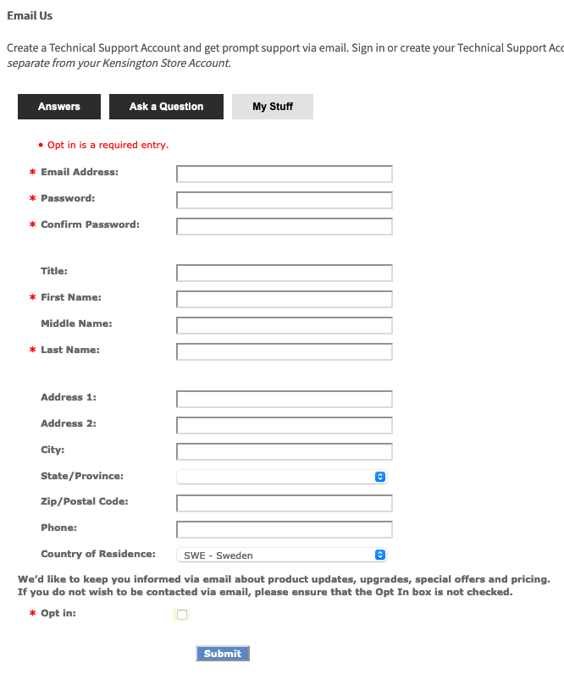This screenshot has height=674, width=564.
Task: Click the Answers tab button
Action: click(59, 107)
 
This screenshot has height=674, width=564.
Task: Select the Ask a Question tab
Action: click(166, 107)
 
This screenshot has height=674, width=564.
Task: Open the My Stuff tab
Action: click(273, 107)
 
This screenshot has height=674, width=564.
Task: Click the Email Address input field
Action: click(285, 174)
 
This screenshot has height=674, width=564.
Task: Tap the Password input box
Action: click(285, 200)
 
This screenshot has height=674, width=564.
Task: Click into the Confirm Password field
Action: click(285, 226)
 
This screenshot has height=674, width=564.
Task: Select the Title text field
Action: click(285, 273)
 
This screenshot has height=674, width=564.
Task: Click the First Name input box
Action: click(285, 299)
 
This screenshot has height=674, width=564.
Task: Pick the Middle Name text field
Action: click(285, 325)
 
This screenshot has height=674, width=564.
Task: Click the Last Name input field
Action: click(285, 351)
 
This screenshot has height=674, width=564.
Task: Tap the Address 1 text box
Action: click(285, 399)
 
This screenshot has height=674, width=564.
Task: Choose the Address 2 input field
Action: click(285, 425)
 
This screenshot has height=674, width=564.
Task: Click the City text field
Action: click(285, 451)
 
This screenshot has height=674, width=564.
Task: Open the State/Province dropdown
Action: click(282, 477)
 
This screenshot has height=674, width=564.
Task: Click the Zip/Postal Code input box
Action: click(285, 503)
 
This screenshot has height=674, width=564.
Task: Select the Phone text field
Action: click(285, 529)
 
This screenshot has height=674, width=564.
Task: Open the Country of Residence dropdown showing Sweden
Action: click(282, 555)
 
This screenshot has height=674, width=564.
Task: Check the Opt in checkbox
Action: click(182, 615)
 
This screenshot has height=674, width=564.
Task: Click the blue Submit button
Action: click(223, 654)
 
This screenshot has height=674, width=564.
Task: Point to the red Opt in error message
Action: click(108, 146)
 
